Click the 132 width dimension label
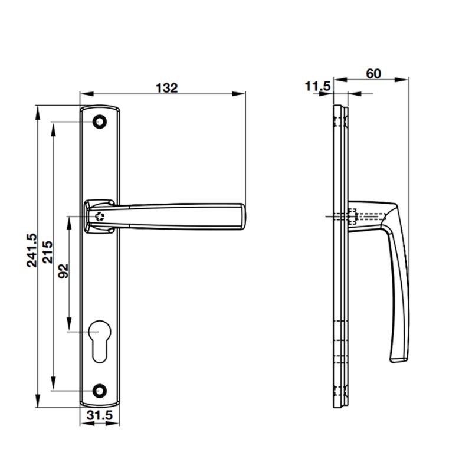tap(166, 87)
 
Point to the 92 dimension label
tap(63, 270)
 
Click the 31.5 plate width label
tap(99, 415)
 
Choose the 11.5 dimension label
tap(317, 87)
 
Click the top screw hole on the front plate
tap(100, 122)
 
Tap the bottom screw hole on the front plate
tap(100, 390)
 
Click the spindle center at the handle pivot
tap(100, 216)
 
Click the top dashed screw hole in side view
tap(339, 122)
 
